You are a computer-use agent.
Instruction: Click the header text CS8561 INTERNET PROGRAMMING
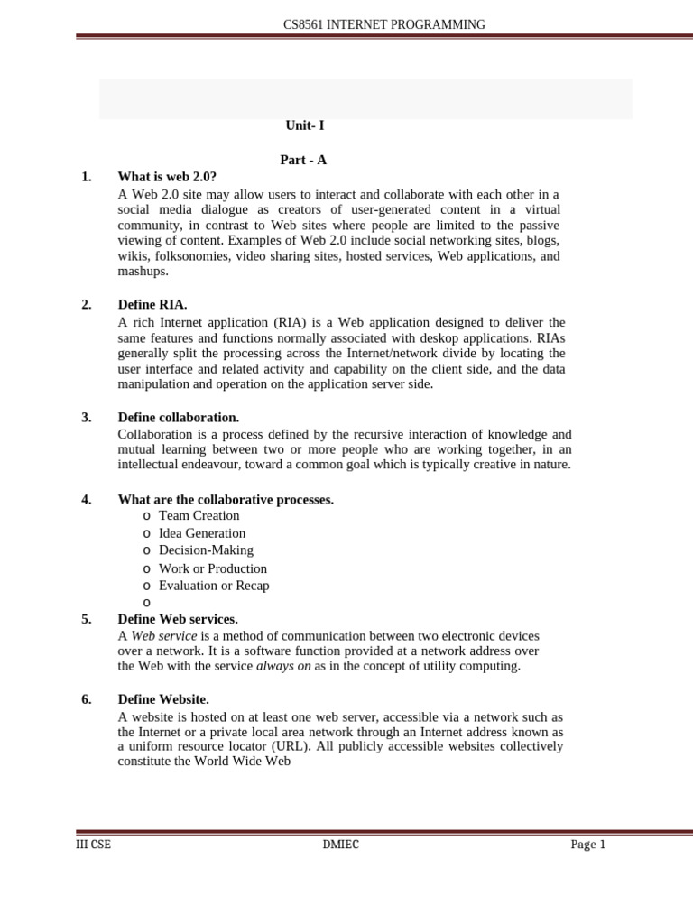click(x=384, y=24)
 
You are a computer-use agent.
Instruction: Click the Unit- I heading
click(x=304, y=125)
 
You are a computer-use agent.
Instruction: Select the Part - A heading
click(x=303, y=160)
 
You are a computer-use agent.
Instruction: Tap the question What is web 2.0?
click(x=167, y=177)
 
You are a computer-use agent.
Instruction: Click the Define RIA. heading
click(x=152, y=305)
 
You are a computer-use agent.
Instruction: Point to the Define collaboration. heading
click(x=178, y=418)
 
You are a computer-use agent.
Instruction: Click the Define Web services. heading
click(x=178, y=619)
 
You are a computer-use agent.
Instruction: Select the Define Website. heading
click(x=163, y=699)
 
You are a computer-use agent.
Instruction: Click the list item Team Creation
click(x=199, y=515)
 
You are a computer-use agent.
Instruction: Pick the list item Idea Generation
click(x=201, y=533)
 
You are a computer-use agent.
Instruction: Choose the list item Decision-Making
click(x=206, y=550)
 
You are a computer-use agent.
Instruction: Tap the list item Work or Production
click(x=212, y=568)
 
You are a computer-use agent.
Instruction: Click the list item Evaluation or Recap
click(x=214, y=586)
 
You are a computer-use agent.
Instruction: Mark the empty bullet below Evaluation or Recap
click(x=146, y=603)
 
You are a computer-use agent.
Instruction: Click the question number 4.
click(x=86, y=500)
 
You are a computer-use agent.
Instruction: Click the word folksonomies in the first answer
click(x=191, y=256)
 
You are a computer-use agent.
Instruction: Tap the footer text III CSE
click(x=93, y=845)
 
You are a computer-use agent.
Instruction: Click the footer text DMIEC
click(x=340, y=845)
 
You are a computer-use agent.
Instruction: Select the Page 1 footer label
click(x=587, y=845)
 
